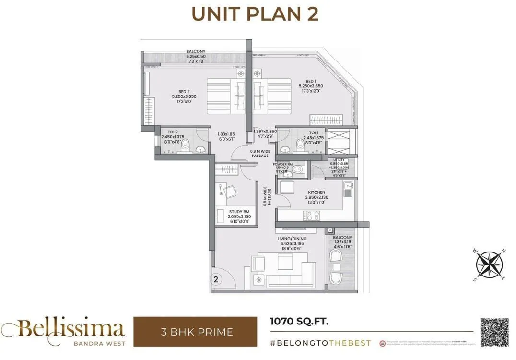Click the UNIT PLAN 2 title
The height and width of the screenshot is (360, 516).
point(255,14)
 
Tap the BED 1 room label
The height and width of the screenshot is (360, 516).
point(310,81)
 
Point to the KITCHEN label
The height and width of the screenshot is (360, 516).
point(317,192)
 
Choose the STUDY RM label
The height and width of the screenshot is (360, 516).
point(239,211)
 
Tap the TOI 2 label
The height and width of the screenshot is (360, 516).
point(172,132)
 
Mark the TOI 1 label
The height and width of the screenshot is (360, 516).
point(313,132)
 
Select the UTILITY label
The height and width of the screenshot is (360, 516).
point(339,159)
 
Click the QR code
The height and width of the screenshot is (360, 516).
point(494,332)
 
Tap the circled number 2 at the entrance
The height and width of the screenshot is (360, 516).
point(216,278)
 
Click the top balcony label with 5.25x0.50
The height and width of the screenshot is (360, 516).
point(196,51)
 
